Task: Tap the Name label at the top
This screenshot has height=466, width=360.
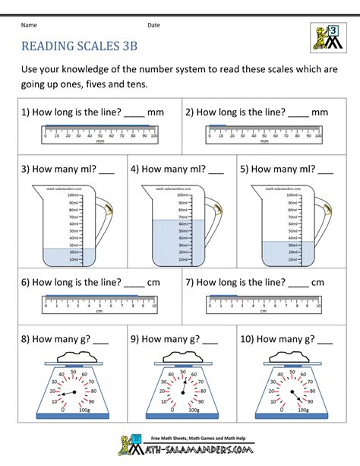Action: click(x=29, y=25)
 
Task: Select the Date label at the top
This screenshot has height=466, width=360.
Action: click(x=153, y=25)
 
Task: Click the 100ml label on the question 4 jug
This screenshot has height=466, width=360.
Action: click(x=161, y=195)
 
